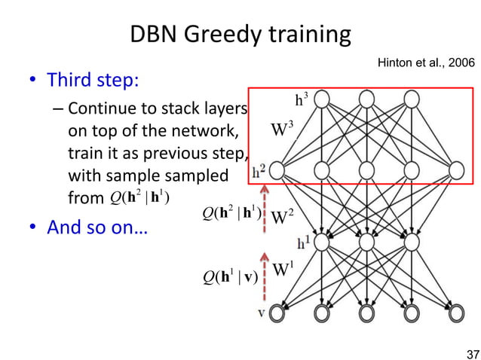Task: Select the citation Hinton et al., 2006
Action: [425, 66]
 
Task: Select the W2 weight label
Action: [281, 218]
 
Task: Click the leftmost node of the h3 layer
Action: [323, 99]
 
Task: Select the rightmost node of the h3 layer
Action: [412, 99]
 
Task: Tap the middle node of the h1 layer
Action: [367, 242]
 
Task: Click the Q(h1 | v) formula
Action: [231, 276]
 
